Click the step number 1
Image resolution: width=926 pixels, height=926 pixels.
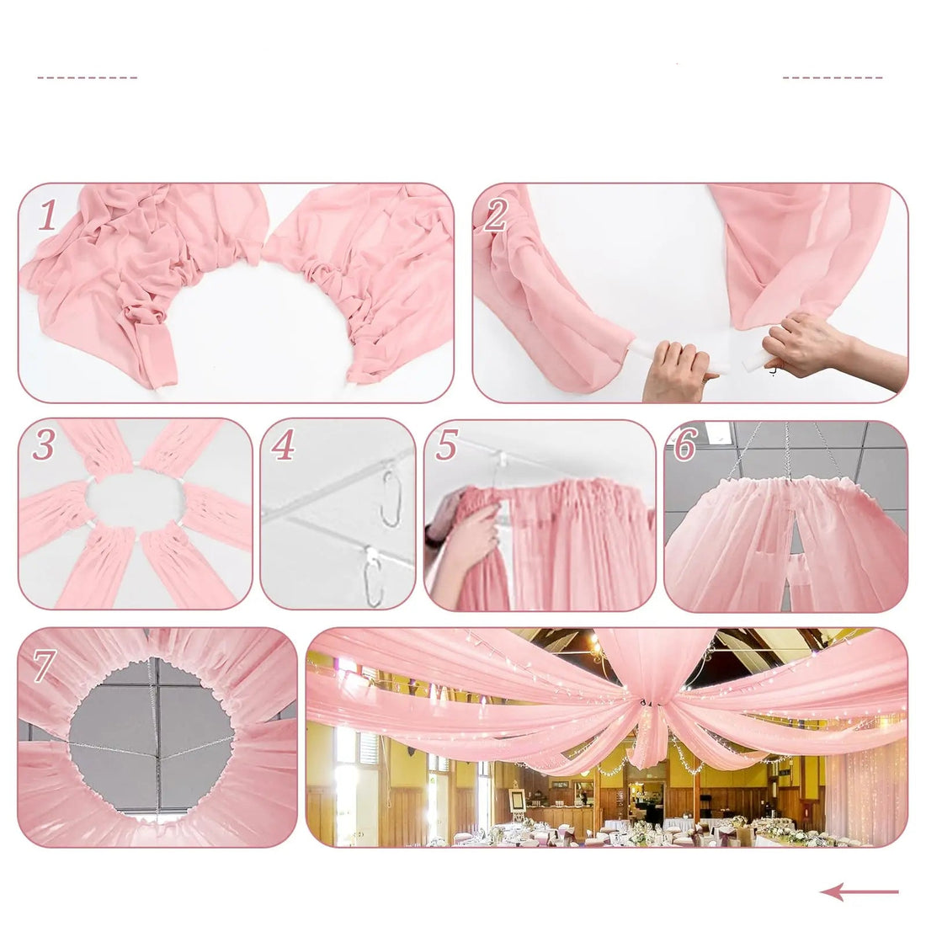point(48,216)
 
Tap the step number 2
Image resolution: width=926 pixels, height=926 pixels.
point(495,216)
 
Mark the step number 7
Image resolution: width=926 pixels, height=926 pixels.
point(44,667)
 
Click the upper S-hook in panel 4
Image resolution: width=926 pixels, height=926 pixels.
point(390,498)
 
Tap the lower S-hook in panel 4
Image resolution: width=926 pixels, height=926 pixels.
point(371,574)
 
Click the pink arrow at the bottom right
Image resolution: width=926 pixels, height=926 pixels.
point(859,891)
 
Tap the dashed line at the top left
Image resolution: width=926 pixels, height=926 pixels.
point(87,77)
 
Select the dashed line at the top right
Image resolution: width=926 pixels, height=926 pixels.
point(832,77)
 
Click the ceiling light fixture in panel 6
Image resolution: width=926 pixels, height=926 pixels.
point(718,431)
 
